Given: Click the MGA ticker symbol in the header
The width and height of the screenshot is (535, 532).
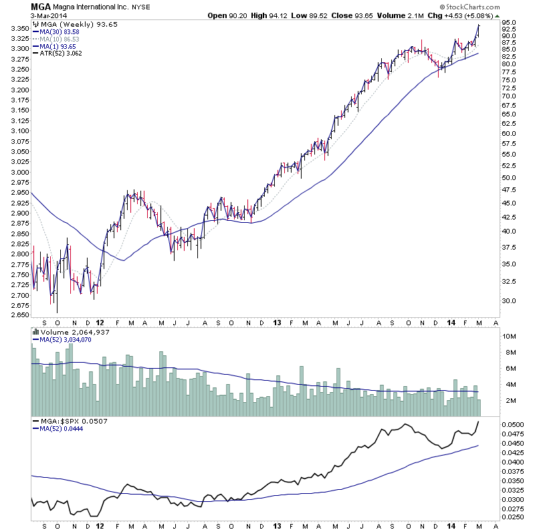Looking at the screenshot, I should click(39, 6).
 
